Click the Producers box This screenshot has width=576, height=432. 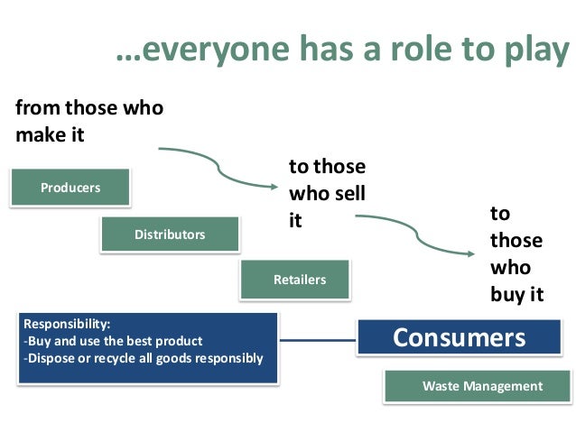pos(70,188)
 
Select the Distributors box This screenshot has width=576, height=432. pos(170,234)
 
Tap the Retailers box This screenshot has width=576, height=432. pos(299,280)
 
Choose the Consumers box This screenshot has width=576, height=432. pos(459,338)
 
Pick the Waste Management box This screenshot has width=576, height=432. pos(482,386)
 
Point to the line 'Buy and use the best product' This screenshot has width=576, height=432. pos(113,341)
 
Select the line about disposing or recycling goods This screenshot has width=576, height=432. pos(144,358)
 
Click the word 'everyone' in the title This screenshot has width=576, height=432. pos(199,53)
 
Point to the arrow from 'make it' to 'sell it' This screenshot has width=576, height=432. pos(221,162)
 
